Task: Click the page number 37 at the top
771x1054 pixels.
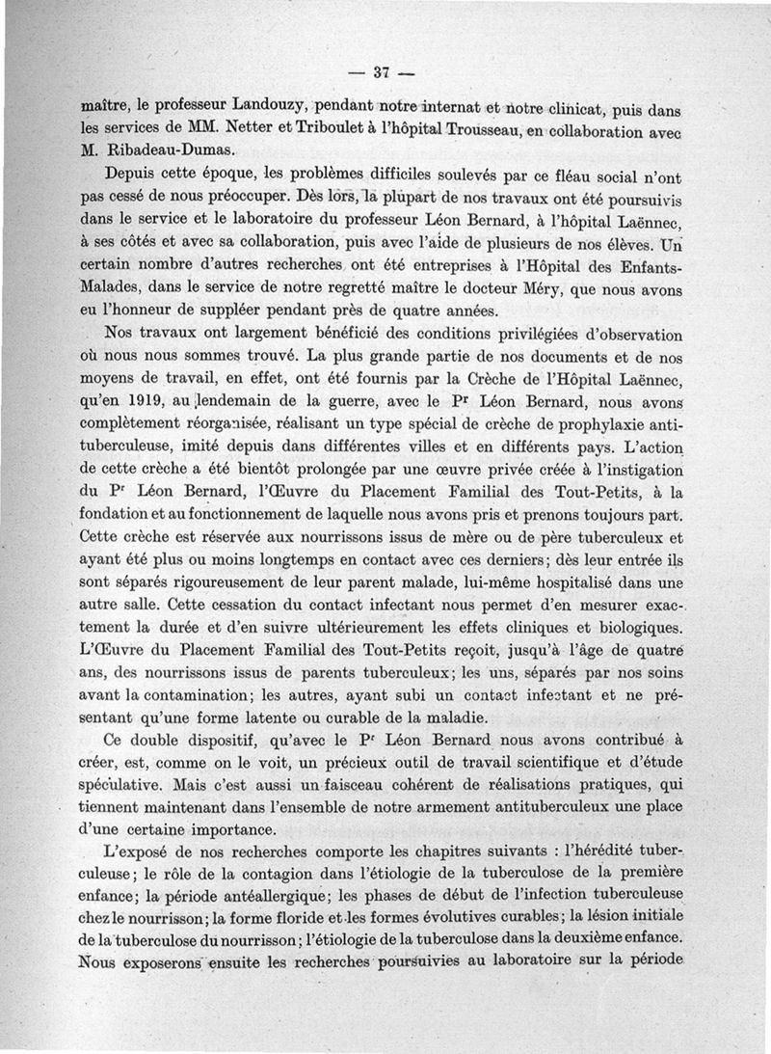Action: click(x=380, y=71)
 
